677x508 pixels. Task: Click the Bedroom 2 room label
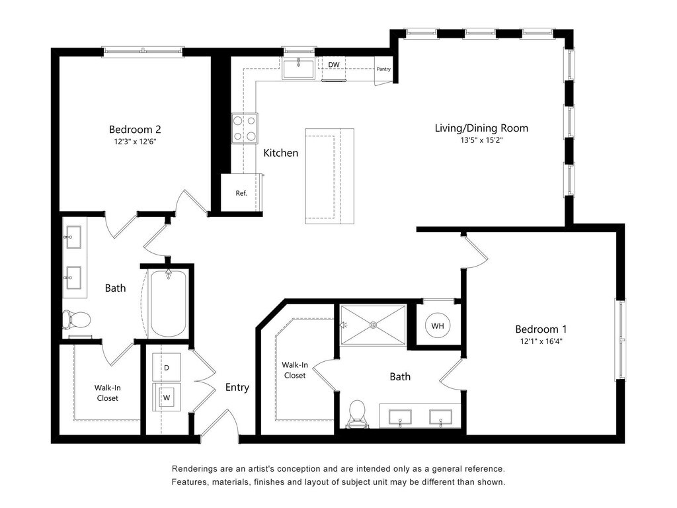coord(135,129)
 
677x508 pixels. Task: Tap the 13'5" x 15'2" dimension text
coord(481,140)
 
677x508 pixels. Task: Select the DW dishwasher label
coord(334,65)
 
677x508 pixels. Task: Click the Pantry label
coord(383,69)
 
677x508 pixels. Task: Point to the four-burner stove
coord(245,128)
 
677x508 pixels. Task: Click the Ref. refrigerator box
coord(241,192)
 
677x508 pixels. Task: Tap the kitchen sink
coord(298,69)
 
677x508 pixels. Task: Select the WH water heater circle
coord(438,325)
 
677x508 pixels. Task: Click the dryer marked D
coord(167,367)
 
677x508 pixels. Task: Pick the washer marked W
coord(167,397)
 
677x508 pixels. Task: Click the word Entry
coord(237,388)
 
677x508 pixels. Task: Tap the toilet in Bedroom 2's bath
coord(76,319)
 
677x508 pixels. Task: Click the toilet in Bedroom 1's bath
coord(357,414)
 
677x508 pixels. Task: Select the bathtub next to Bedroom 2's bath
coord(169,303)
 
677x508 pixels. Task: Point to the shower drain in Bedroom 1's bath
coord(373,325)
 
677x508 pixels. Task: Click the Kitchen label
coord(280,153)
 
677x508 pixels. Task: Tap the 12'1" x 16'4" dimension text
coord(541,341)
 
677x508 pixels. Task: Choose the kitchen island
coord(329,176)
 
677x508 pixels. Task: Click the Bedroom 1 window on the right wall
coord(620,339)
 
